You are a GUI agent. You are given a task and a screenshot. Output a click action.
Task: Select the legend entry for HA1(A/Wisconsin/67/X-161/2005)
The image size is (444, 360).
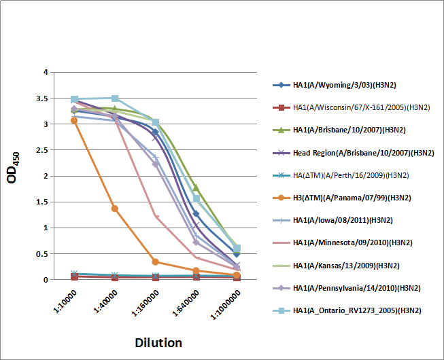[x=352, y=107]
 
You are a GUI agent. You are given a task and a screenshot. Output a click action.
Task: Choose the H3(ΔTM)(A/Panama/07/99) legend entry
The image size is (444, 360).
[x=344, y=198]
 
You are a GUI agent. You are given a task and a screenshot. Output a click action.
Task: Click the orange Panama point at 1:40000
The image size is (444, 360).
[x=115, y=209]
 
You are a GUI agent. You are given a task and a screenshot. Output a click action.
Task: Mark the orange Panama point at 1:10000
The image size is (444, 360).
[x=74, y=120]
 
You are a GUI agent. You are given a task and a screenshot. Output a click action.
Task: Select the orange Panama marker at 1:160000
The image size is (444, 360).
[x=156, y=262]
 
